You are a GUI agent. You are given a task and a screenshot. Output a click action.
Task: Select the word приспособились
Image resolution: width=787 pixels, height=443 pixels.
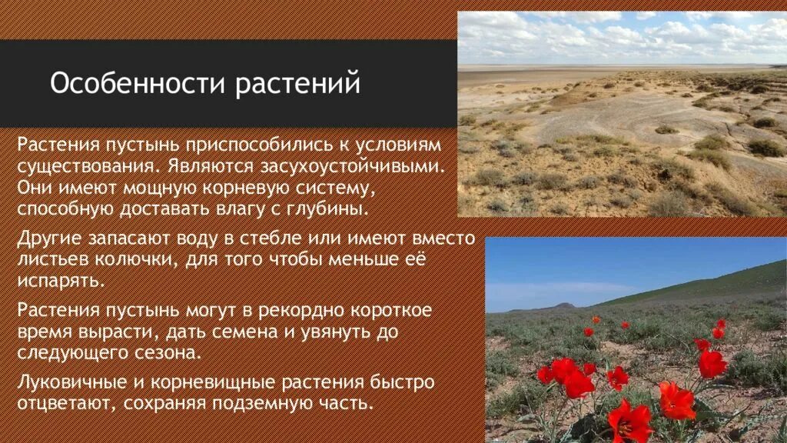[268, 145]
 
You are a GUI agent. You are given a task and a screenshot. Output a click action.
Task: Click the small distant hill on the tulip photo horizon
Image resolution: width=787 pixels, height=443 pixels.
[565, 305]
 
